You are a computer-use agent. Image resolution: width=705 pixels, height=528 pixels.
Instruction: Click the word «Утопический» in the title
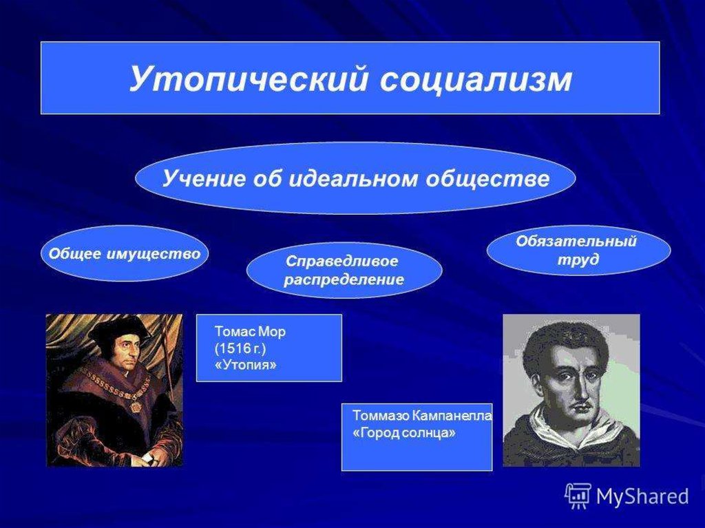click(249, 80)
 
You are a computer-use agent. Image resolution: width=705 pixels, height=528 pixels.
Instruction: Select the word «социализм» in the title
click(476, 80)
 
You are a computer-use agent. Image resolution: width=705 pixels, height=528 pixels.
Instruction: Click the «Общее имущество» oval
click(124, 253)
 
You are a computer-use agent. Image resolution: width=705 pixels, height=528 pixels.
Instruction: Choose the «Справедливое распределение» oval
click(344, 271)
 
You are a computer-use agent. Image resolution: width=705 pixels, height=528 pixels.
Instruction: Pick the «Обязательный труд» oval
click(578, 251)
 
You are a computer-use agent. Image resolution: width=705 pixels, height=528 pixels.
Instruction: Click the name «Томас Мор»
click(250, 332)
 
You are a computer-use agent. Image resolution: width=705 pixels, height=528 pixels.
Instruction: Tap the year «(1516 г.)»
click(240, 348)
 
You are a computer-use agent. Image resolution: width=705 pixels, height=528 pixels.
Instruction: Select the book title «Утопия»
click(246, 365)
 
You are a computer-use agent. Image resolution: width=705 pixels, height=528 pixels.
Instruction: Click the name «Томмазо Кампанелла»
click(422, 416)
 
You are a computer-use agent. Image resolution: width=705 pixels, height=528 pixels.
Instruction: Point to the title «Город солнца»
click(403, 432)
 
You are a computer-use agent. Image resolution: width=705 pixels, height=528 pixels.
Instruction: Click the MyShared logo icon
click(578, 496)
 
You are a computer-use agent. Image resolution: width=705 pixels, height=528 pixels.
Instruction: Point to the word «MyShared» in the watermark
click(642, 496)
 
